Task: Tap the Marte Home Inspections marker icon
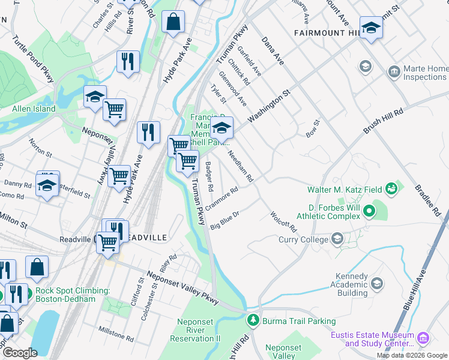394,73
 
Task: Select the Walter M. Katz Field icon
392,189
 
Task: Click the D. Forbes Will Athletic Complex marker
369,212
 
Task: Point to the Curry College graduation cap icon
337,239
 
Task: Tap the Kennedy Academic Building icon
377,283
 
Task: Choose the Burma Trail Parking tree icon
253,321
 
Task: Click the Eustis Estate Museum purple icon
424,339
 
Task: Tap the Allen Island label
34,109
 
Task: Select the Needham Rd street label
241,166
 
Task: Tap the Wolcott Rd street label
283,221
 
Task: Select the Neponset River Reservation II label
199,331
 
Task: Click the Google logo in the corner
20,353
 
